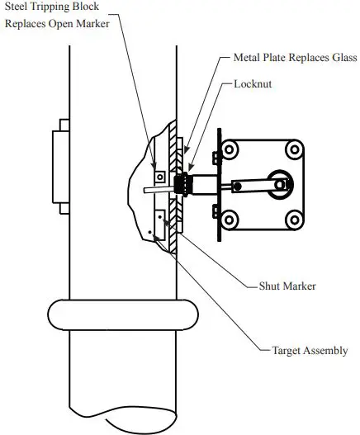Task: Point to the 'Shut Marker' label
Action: tap(282, 287)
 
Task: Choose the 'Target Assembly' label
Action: tap(310, 351)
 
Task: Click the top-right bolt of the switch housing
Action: tap(292, 150)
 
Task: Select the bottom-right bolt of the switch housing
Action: tap(292, 219)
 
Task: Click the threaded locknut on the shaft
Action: tap(182, 183)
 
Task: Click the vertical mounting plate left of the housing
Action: tap(217, 185)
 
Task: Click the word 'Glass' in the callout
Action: tap(341, 59)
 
